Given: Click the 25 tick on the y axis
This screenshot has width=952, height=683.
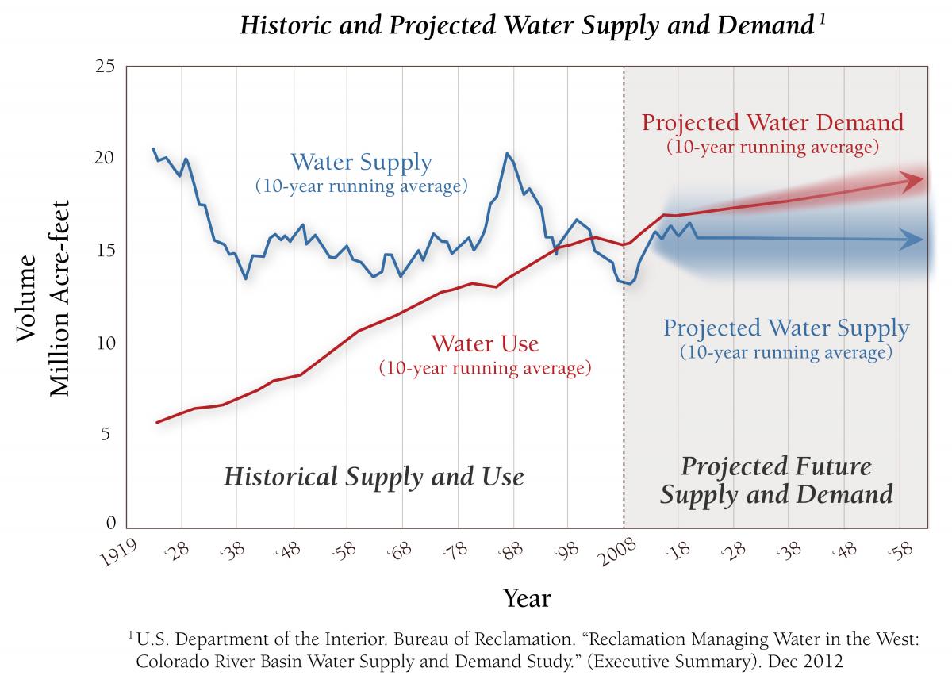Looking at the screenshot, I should [105, 67].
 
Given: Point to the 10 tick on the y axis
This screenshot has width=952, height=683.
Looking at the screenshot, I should [105, 343].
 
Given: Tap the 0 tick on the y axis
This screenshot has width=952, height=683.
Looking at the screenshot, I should [110, 524].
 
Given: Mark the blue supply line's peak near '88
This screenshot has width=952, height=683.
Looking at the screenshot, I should [507, 153].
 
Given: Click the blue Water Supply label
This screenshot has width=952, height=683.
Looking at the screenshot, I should [361, 163].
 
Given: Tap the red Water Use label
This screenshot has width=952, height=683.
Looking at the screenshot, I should [485, 344].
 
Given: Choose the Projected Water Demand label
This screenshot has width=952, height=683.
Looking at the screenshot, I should [772, 123].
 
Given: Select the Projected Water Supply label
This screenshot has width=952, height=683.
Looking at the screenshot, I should [786, 328].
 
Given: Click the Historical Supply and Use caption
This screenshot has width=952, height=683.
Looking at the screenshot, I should [374, 477].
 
